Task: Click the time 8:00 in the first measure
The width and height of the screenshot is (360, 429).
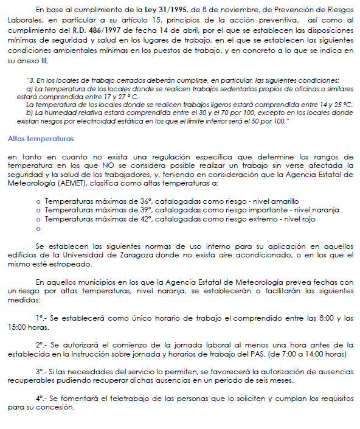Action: pyautogui.click(x=321, y=318)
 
